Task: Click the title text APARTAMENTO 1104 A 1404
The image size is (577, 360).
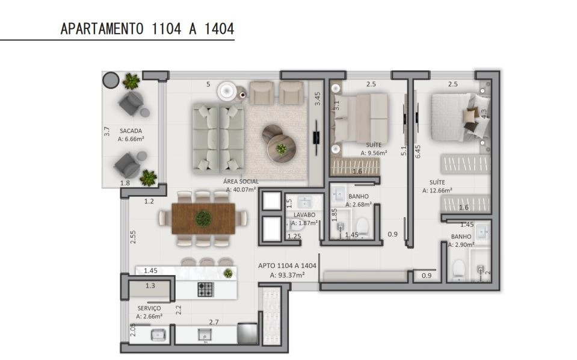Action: pos(147,28)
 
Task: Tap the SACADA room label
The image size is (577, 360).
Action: pos(131,131)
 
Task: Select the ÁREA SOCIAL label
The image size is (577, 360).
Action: pos(241,181)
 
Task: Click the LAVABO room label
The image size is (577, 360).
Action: pos(304,214)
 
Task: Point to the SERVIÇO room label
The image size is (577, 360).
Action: pos(149,308)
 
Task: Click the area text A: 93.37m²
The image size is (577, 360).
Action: pos(287,275)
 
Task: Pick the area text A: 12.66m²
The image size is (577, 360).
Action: pos(437,190)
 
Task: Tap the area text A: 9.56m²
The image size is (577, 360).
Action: pos(374,153)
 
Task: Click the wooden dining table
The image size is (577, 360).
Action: pos(203,219)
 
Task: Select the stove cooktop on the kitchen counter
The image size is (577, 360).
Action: pos(205,290)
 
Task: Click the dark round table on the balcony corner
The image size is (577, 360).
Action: pos(111,80)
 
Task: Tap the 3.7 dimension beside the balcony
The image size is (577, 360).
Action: pos(106,131)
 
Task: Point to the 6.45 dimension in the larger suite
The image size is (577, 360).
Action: pos(418,151)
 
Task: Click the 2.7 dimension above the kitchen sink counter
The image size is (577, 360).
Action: pos(214,322)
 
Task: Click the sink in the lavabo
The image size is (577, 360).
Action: pos(304,202)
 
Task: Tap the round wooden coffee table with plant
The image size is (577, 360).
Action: pos(282,149)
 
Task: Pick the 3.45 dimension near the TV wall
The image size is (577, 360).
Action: pos(317,99)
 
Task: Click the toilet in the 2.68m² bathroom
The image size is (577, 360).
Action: pos(362,226)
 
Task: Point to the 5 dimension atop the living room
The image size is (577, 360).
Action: pos(208,84)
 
